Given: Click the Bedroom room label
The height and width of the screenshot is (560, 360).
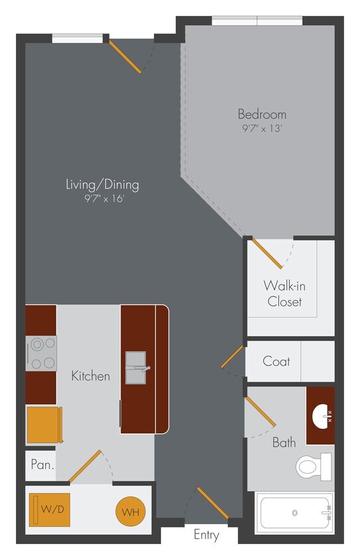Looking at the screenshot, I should click(x=262, y=114).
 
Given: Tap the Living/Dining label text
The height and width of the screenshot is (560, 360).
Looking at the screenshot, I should click(x=102, y=184).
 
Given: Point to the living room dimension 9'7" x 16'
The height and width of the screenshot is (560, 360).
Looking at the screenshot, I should click(x=102, y=198).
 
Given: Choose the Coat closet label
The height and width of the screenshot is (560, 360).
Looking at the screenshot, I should click(x=276, y=362).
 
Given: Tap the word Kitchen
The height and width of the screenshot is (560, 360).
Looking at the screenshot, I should click(x=91, y=376).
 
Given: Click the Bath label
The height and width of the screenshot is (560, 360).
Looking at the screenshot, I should click(x=284, y=442).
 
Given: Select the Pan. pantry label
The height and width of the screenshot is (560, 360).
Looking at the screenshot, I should click(x=42, y=464).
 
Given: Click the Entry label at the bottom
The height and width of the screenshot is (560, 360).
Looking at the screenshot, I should click(x=206, y=535).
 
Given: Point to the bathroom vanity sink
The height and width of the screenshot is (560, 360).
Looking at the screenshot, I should click(x=320, y=416).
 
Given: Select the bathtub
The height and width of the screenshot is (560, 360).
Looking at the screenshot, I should click(x=295, y=514).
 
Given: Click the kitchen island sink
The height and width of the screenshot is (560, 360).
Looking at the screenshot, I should click(x=138, y=368).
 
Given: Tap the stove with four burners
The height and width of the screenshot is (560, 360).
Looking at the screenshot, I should click(x=41, y=353).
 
